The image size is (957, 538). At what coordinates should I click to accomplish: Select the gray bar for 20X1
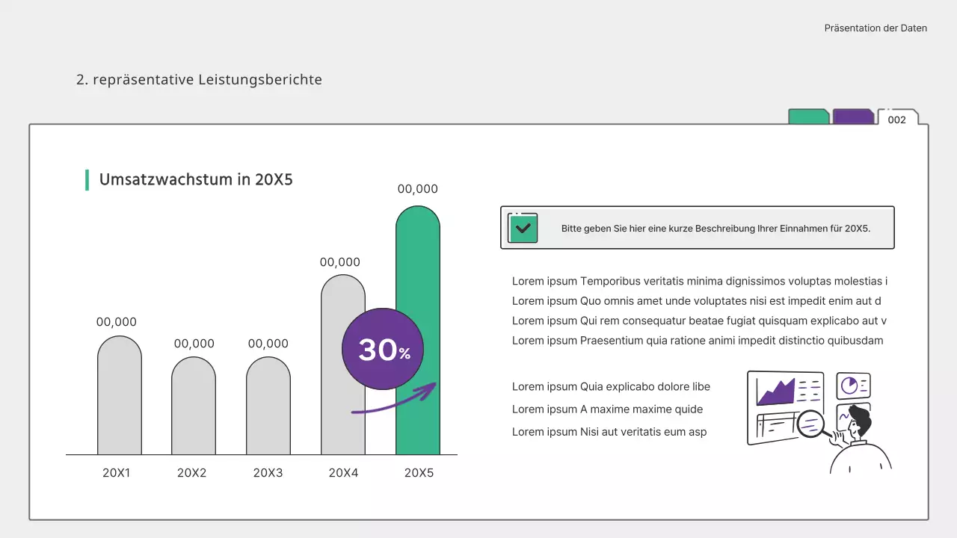pyautogui.click(x=120, y=396)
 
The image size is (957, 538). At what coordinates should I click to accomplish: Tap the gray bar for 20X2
pyautogui.click(x=194, y=406)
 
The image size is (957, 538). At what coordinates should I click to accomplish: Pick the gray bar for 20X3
pyautogui.click(x=268, y=406)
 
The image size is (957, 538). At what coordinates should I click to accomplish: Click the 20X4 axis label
pyautogui.click(x=344, y=473)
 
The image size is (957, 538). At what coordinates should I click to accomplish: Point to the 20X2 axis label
pyautogui.click(x=192, y=473)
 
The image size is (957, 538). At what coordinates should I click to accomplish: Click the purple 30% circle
pyautogui.click(x=382, y=349)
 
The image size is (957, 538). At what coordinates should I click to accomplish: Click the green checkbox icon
pyautogui.click(x=523, y=228)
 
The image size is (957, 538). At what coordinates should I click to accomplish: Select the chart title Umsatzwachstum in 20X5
pyautogui.click(x=196, y=179)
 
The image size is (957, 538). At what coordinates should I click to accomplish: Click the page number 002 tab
pyautogui.click(x=897, y=120)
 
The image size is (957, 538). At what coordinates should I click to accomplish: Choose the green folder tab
pyautogui.click(x=808, y=117)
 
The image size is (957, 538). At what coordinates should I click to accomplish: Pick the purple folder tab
pyautogui.click(x=853, y=117)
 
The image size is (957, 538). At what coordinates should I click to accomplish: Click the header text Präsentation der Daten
pyautogui.click(x=876, y=28)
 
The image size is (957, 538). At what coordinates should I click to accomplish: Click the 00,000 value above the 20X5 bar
pyautogui.click(x=418, y=190)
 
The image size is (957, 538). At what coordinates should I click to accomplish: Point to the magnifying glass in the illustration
pyautogui.click(x=811, y=424)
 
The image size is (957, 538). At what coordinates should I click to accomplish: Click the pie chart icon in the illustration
pyautogui.click(x=849, y=385)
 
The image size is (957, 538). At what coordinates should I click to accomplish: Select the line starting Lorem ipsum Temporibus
pyautogui.click(x=699, y=282)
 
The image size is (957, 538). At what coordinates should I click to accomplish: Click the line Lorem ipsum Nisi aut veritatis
pyautogui.click(x=609, y=432)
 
